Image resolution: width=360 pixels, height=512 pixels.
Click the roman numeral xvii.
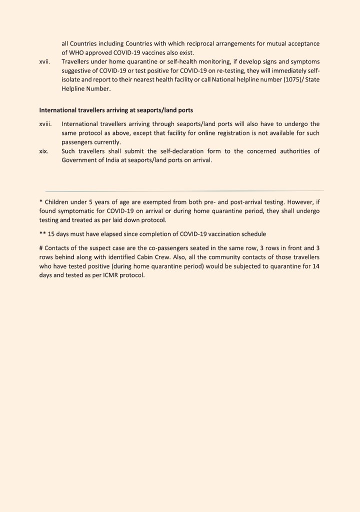point(44,62)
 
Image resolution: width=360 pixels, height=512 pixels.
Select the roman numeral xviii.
point(45,124)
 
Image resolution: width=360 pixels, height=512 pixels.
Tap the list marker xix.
point(44,151)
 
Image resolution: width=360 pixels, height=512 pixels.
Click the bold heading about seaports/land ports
point(116,109)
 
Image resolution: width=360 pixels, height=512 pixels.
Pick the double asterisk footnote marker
point(42,233)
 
